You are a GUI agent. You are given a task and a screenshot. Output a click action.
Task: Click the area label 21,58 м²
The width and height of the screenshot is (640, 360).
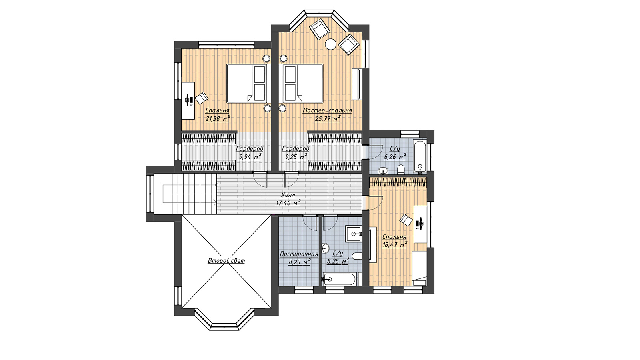[218, 118]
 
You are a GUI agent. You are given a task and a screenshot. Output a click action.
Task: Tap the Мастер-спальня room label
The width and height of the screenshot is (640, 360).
[327, 110]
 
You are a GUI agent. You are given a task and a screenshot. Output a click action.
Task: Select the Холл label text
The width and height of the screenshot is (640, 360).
[288, 195]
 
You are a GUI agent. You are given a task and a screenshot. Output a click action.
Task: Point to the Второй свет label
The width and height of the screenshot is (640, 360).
[226, 260]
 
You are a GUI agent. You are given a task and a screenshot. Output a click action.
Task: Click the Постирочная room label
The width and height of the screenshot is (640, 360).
[299, 254]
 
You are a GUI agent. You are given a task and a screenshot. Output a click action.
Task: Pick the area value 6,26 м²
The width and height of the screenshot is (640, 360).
[395, 156]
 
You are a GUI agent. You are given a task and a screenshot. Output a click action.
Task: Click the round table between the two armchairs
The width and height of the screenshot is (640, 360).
[331, 44]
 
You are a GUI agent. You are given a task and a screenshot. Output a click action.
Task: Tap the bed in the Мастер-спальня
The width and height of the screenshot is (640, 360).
[303, 83]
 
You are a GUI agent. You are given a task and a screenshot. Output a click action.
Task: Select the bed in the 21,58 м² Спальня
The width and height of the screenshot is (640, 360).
[246, 83]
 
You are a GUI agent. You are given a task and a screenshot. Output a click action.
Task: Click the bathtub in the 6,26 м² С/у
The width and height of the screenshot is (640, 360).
[420, 155]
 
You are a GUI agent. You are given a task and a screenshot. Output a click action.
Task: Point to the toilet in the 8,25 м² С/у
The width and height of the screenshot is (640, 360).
[356, 256]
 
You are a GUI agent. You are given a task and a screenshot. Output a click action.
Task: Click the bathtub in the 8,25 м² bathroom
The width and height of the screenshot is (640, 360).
[340, 279]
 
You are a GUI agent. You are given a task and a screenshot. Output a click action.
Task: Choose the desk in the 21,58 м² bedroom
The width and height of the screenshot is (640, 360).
[188, 100]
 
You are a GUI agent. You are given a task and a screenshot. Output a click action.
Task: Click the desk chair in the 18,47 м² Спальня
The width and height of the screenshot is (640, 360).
[406, 220]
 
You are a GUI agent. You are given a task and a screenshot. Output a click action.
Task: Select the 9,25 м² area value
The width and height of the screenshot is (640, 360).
[296, 156]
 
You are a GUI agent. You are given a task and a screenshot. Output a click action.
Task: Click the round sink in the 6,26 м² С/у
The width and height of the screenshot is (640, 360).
[383, 171]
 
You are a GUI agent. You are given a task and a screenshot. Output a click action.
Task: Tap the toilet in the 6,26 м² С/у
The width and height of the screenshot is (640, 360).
[401, 169]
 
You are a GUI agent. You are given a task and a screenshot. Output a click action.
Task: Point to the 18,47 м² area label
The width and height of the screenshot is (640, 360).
[394, 244]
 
